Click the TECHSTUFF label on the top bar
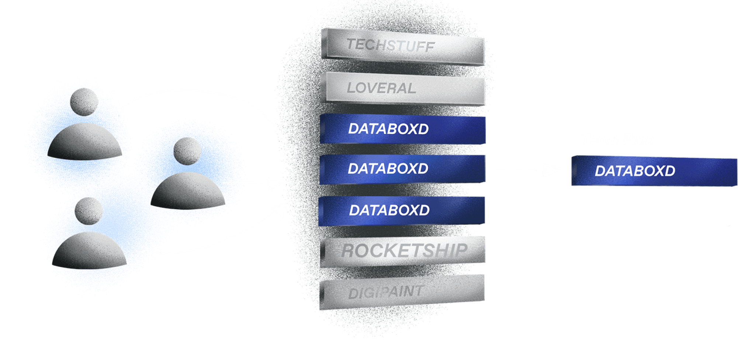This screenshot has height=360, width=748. coord(391,45)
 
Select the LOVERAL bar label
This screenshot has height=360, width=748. coord(381,88)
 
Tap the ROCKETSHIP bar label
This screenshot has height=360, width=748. coord(404,251)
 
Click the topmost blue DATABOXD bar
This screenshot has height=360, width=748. coord(403,129)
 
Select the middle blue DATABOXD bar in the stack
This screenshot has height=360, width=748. coord(402,169)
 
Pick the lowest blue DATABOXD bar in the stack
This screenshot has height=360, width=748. coord(402,211)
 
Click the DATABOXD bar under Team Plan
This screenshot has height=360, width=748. coord(654,171)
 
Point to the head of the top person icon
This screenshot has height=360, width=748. coord(84,102)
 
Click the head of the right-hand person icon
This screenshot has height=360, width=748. coord(187,151)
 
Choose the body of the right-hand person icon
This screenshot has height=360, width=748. coord(188,192)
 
